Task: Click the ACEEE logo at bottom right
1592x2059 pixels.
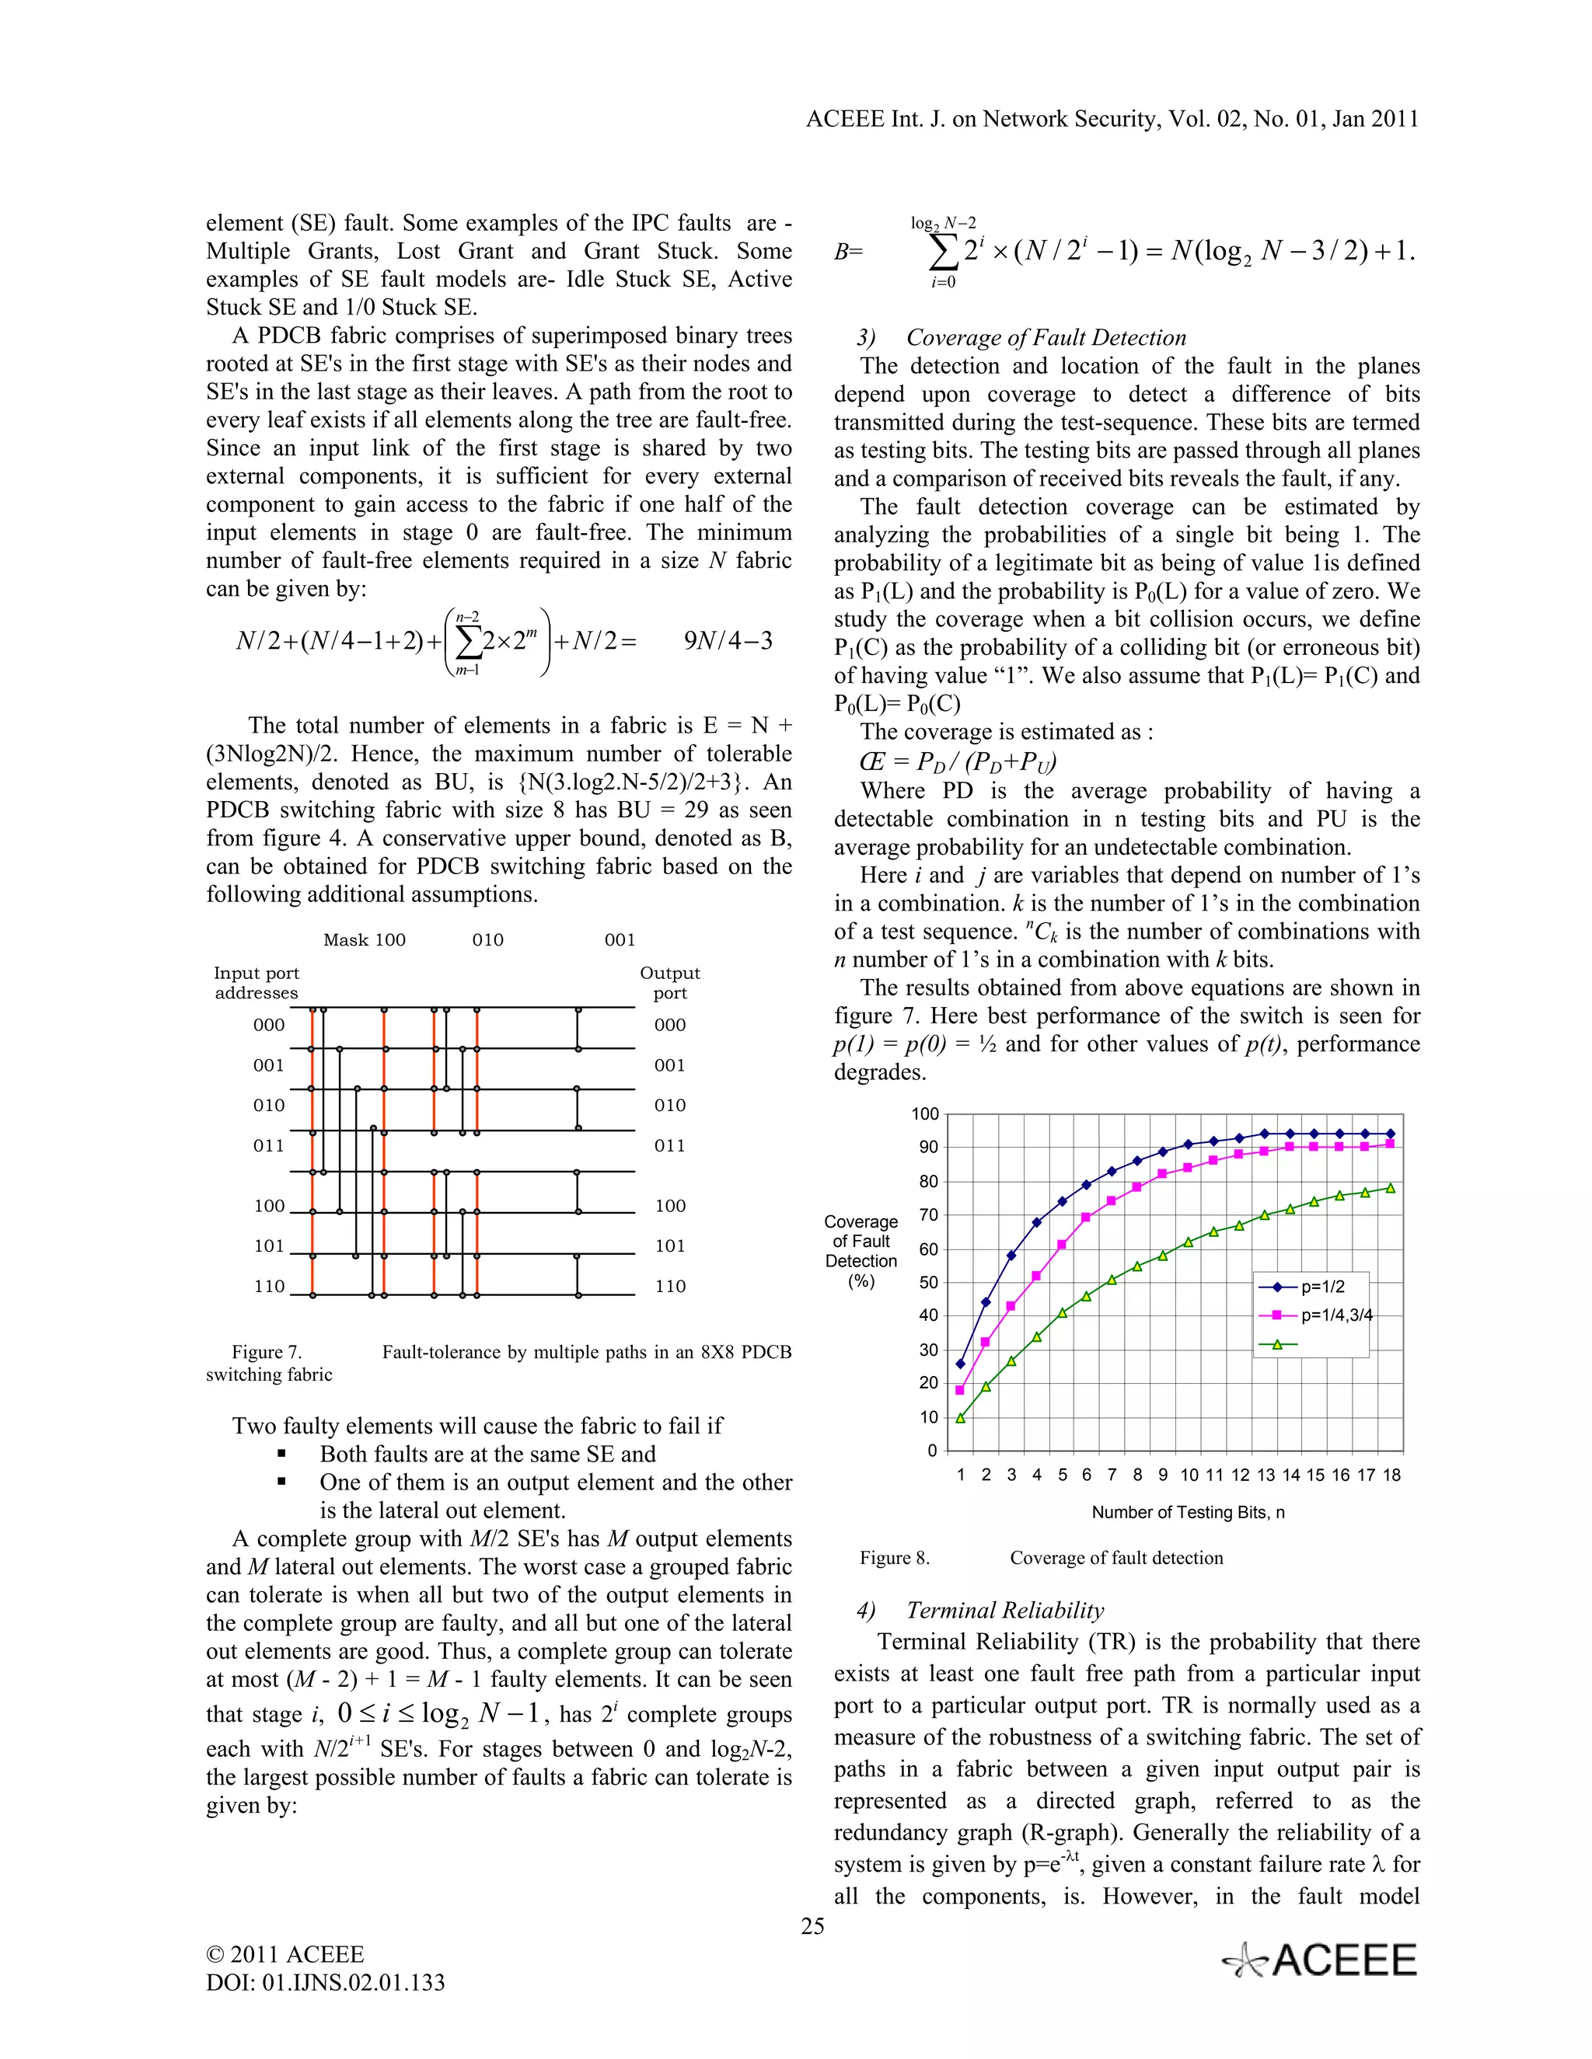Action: pyautogui.click(x=1321, y=1961)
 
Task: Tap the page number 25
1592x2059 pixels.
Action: pyautogui.click(x=812, y=1926)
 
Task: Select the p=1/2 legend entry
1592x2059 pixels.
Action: pyautogui.click(x=1322, y=1287)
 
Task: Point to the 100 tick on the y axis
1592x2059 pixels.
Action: pyautogui.click(x=924, y=1114)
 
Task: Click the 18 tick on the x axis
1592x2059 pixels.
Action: pyautogui.click(x=1391, y=1475)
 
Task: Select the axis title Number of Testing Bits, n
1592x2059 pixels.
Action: pyautogui.click(x=1188, y=1512)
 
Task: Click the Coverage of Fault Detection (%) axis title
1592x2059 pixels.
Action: pyautogui.click(x=861, y=1251)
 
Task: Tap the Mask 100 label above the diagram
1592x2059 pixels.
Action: pyautogui.click(x=364, y=940)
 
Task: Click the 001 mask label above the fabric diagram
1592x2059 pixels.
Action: pyautogui.click(x=620, y=940)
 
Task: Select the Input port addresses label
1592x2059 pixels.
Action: pyautogui.click(x=256, y=982)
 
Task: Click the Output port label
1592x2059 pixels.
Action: pyautogui.click(x=669, y=982)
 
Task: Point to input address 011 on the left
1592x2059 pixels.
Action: pyautogui.click(x=268, y=1145)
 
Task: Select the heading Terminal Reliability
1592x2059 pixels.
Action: pyautogui.click(x=1004, y=1610)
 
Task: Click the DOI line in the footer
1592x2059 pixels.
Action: pyautogui.click(x=326, y=1982)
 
